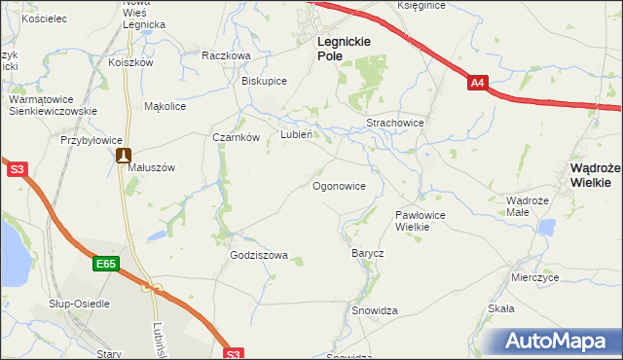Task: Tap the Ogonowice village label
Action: (340, 185)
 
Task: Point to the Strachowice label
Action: (394, 124)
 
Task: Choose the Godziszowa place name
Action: (259, 256)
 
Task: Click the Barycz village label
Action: (368, 253)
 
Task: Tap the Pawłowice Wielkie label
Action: (420, 220)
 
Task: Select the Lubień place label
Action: (296, 135)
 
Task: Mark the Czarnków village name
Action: (236, 137)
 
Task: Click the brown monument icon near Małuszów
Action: (123, 155)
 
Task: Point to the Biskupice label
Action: (264, 81)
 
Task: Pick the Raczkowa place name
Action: (226, 55)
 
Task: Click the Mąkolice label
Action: (165, 106)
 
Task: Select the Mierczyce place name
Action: (534, 276)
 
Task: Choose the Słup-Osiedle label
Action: (80, 304)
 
